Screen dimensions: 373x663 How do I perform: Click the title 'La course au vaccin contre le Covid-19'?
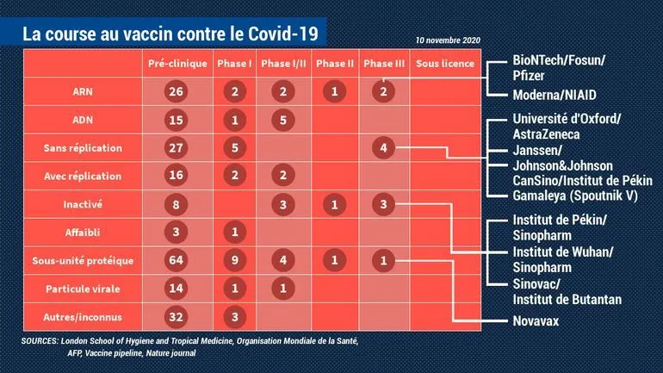pos(170,34)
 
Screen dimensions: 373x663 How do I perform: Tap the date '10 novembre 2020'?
pos(447,40)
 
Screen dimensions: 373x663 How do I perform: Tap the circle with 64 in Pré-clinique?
pos(177,260)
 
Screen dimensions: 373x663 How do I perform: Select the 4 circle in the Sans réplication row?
pos(382,148)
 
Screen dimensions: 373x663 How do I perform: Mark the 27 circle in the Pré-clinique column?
pos(177,148)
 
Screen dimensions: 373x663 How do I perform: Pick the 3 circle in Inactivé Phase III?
pos(382,204)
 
